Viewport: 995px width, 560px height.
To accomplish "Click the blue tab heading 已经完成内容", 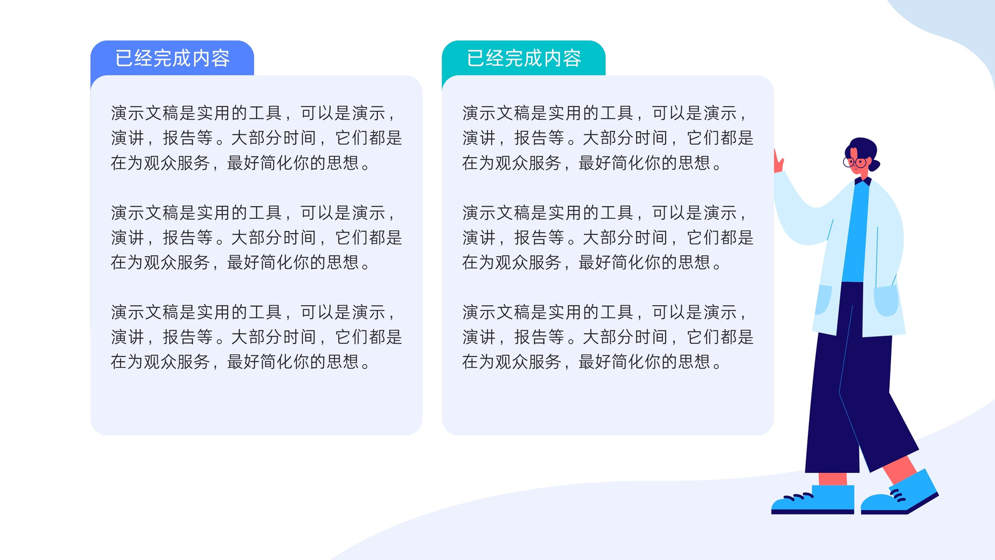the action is (172, 58).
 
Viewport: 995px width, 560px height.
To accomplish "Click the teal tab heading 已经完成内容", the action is (524, 58).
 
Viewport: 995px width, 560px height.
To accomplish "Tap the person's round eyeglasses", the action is (854, 162).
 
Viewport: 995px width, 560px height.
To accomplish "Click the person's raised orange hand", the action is (778, 161).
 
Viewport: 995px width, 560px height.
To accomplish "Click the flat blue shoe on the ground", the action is (813, 500).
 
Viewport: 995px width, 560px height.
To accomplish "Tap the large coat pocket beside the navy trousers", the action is (886, 301).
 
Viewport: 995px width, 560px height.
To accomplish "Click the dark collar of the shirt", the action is (863, 181).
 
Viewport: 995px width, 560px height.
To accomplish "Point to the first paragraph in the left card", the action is (256, 138).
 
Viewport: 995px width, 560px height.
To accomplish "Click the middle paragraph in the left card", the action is (256, 237).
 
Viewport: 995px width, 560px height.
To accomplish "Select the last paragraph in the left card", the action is (256, 337).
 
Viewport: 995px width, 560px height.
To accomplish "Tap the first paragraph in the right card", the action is (608, 138).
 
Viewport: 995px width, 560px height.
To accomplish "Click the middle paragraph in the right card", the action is (608, 237).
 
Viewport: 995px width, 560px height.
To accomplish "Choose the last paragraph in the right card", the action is (608, 337).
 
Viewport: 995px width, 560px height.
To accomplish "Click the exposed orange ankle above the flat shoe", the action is (833, 478).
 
